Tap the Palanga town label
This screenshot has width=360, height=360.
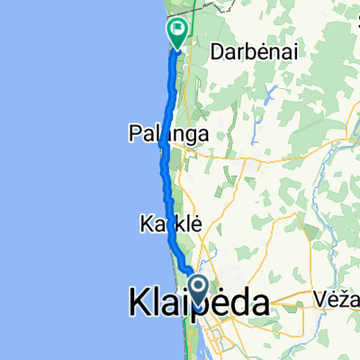click(170, 134)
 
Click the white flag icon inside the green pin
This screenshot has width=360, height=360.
click(178, 31)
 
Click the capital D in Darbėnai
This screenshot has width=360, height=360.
click(216, 52)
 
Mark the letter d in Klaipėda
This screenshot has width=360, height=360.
click(237, 304)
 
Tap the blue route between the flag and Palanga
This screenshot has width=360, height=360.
click(168, 90)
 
